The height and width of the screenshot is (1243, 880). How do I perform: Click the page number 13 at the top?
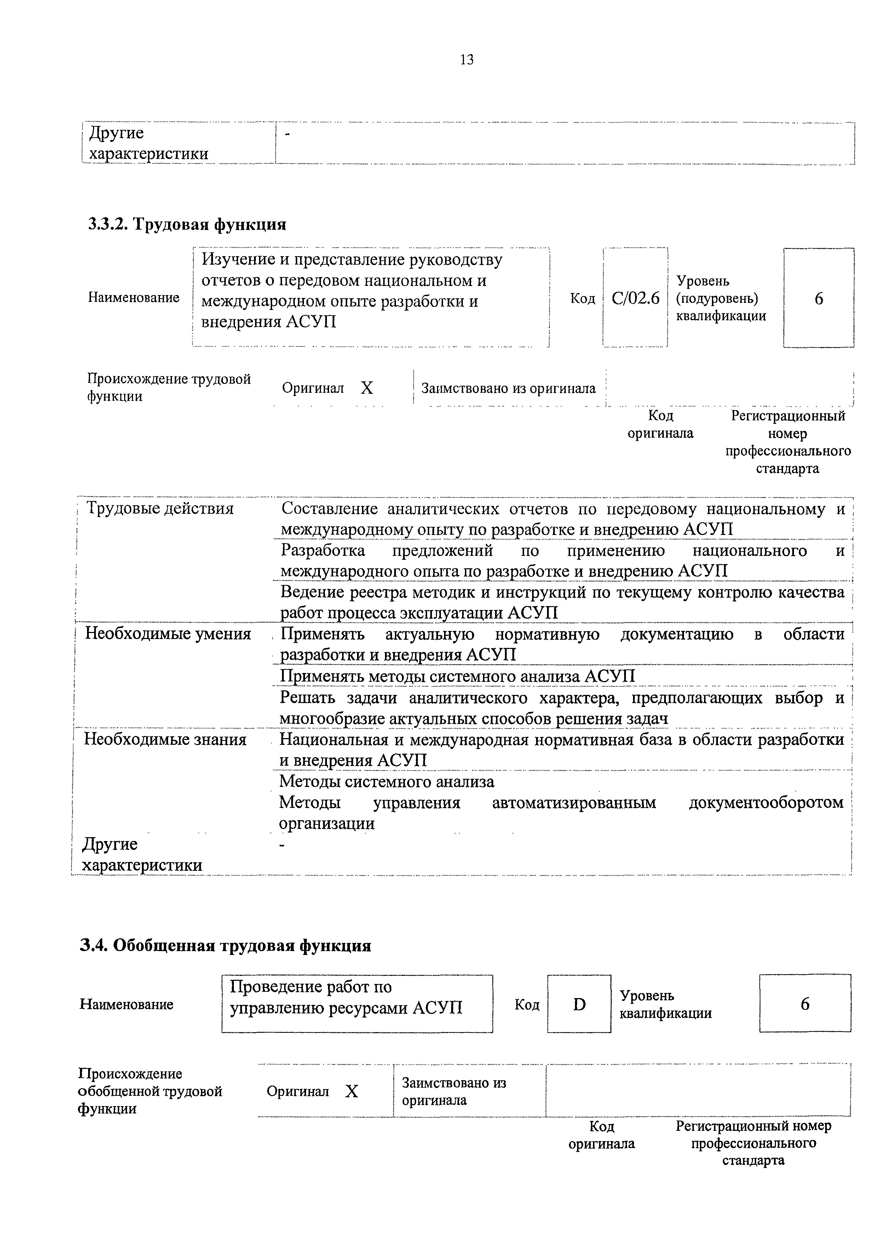[x=467, y=59]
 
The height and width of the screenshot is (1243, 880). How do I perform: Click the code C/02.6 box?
[x=635, y=298]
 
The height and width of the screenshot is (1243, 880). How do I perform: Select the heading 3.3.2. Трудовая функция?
[x=187, y=224]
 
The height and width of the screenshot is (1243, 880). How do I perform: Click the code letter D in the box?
[x=579, y=1005]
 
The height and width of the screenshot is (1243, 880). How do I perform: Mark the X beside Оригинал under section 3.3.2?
[x=367, y=388]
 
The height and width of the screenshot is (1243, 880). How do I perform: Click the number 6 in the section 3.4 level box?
[x=805, y=1004]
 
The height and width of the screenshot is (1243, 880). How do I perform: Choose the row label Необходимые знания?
[x=165, y=739]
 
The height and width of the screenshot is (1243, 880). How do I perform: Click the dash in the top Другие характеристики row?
[x=288, y=134]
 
